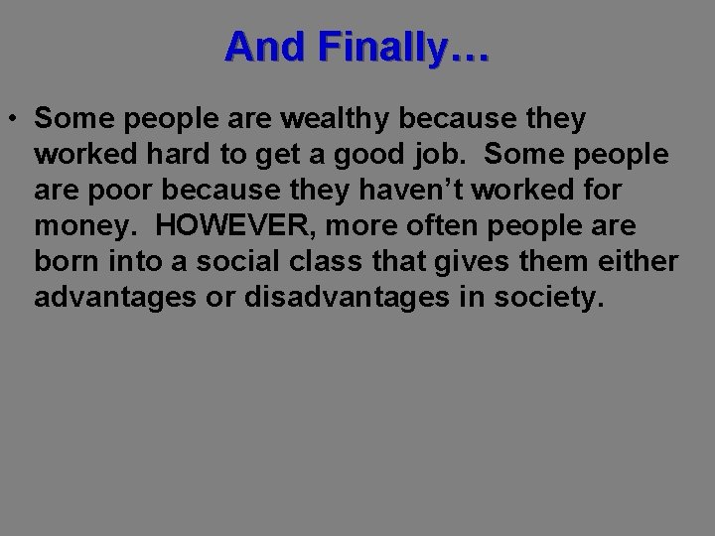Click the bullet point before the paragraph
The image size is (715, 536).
[18, 119]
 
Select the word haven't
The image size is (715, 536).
[392, 192]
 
